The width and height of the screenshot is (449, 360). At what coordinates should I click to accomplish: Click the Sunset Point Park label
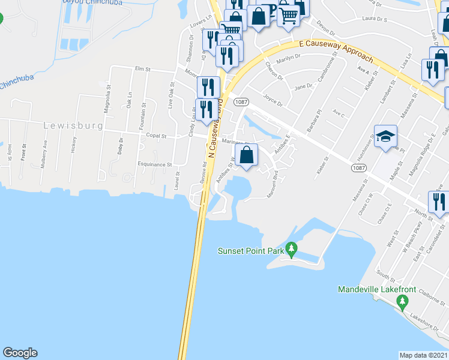250,251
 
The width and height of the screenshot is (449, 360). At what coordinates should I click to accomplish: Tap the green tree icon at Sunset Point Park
291,248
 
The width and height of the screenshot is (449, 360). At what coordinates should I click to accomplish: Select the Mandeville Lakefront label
376,290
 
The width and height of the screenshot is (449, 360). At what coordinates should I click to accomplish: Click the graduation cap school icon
385,136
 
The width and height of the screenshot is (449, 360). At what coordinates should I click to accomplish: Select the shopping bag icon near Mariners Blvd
247,155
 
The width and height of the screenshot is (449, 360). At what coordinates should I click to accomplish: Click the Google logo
20,353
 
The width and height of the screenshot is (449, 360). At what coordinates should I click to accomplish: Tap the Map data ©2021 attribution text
424,355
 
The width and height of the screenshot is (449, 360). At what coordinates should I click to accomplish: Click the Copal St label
156,137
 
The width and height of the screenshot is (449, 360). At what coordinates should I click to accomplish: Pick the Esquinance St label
154,164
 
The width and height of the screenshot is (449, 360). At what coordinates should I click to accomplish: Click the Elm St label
142,69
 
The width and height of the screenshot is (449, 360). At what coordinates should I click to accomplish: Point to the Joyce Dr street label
272,100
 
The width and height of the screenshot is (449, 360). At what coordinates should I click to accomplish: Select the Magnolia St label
109,95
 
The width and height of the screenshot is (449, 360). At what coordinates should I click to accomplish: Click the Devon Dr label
325,27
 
